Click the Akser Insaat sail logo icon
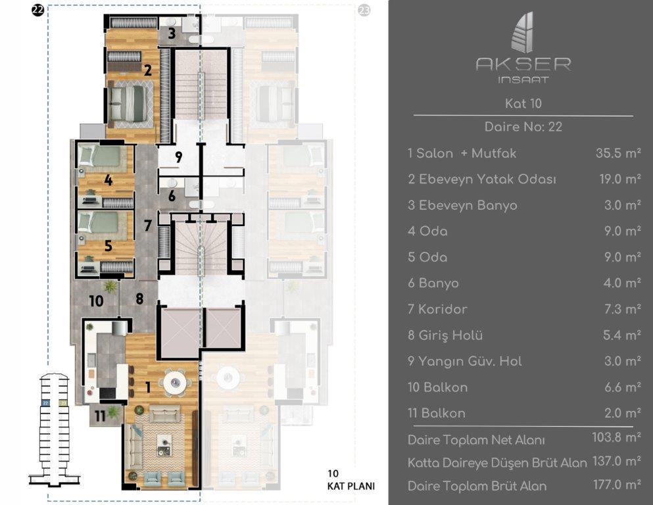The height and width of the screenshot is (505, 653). tap(523, 33)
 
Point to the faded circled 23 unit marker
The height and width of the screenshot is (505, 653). tap(364, 11)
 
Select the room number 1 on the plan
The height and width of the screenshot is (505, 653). tap(147, 388)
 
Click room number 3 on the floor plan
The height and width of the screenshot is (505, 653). tap(171, 34)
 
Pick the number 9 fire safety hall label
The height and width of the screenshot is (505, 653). tap(178, 157)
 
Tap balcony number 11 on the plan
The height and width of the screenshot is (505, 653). tap(99, 415)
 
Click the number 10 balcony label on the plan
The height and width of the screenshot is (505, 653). tap(96, 301)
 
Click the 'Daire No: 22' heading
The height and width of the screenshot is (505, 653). tap(523, 127)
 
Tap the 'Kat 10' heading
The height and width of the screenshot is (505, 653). tap(523, 103)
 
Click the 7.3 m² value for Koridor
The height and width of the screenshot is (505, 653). tap(620, 309)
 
